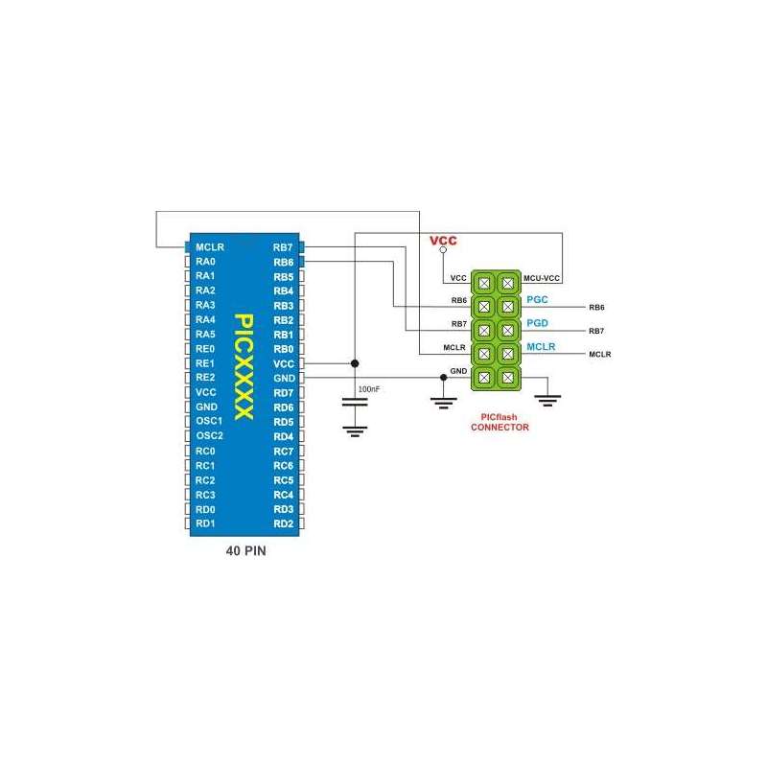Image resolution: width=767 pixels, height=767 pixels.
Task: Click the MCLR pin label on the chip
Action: (x=209, y=246)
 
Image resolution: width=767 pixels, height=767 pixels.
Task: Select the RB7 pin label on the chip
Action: (x=283, y=246)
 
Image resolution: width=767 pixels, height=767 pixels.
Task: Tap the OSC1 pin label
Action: (x=209, y=421)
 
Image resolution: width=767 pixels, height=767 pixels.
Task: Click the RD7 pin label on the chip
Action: (x=283, y=392)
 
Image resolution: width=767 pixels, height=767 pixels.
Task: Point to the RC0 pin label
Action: (x=205, y=451)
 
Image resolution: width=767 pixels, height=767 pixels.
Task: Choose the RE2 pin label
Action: (x=205, y=378)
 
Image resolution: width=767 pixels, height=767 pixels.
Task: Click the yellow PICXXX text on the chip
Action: (x=244, y=366)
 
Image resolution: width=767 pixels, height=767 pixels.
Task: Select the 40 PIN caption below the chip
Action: (x=245, y=552)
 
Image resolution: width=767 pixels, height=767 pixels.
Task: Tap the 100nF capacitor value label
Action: (x=367, y=390)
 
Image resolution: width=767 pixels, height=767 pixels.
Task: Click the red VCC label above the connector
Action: (x=443, y=240)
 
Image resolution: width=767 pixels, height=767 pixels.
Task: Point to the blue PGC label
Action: (x=537, y=300)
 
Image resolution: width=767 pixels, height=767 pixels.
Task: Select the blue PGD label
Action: (x=537, y=323)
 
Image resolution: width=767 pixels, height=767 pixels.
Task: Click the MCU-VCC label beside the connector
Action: (x=542, y=278)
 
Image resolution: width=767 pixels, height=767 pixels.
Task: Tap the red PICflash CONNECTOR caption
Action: (x=499, y=423)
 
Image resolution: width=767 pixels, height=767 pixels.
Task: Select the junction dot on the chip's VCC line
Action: (x=355, y=363)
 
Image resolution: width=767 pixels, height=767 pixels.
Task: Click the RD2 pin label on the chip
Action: (x=283, y=523)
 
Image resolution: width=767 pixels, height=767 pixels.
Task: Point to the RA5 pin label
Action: (x=205, y=334)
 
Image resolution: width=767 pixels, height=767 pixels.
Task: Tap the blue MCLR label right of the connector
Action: (x=541, y=346)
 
